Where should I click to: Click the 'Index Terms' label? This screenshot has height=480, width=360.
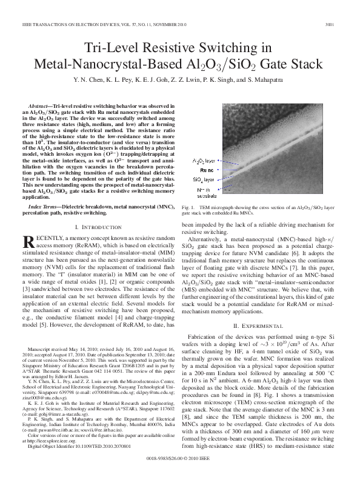click(x=45, y=207)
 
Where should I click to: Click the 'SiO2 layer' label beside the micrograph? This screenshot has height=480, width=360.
click(x=204, y=180)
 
